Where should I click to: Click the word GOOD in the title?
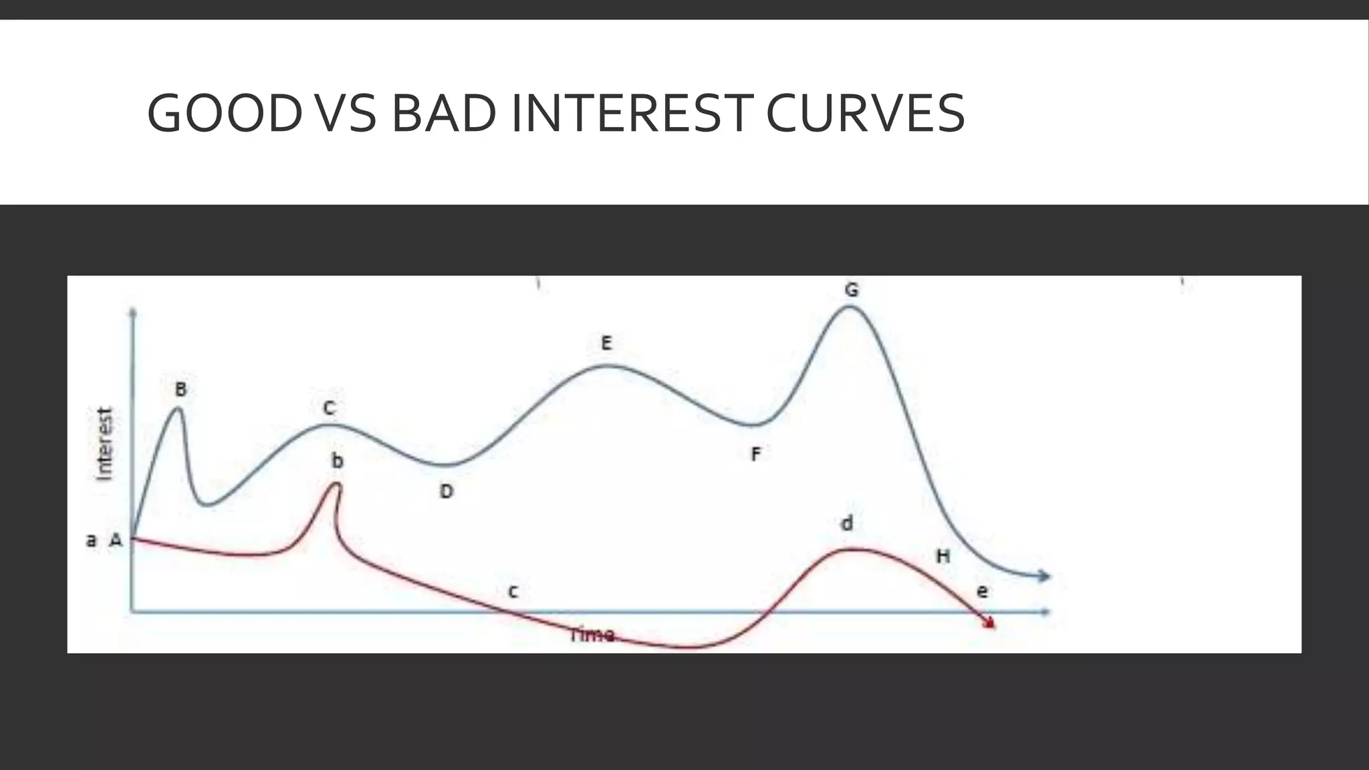tap(225, 113)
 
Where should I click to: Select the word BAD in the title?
tap(444, 113)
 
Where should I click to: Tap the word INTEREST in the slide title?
tap(629, 113)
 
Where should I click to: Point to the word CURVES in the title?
tap(865, 113)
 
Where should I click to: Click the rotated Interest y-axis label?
tap(105, 443)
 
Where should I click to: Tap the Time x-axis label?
tap(592, 634)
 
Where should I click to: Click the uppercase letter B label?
tap(180, 389)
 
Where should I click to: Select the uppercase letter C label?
tap(329, 408)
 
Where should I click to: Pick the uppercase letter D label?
tap(447, 492)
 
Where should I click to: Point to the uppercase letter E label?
tap(606, 344)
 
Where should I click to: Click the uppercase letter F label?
tap(755, 455)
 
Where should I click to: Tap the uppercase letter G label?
tap(851, 290)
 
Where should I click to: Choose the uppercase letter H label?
tap(943, 556)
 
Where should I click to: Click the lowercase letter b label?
tap(338, 461)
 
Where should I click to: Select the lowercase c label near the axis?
tap(513, 592)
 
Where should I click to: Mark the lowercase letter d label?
tap(847, 523)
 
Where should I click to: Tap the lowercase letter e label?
tap(982, 592)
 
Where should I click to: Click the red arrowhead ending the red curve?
tap(989, 623)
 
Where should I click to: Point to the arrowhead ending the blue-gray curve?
tap(1043, 576)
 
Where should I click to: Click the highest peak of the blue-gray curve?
tap(850, 307)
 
